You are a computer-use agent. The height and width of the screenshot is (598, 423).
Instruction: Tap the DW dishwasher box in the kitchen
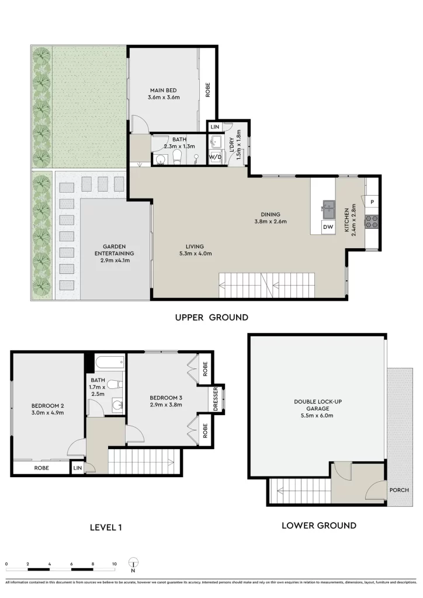328,227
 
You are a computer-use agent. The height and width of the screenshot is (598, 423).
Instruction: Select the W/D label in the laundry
215,157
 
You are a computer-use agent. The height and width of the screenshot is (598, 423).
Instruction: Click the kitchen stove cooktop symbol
372,221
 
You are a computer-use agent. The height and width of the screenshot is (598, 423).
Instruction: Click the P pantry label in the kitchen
372,201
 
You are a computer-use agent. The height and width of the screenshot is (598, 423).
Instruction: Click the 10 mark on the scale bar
115,564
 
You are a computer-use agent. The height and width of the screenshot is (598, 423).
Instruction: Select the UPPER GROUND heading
211,318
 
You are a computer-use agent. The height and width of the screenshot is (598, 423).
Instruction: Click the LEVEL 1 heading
106,527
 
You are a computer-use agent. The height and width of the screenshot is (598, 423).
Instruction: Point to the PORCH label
399,490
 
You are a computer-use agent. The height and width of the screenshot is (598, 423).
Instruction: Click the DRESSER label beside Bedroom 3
216,399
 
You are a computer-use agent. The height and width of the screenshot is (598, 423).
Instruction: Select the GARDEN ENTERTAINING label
115,250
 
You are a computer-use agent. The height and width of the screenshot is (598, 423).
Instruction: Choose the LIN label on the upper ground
214,127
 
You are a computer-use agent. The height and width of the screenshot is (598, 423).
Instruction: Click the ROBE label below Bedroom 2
41,468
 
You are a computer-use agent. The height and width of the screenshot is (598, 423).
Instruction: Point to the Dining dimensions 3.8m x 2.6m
271,221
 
